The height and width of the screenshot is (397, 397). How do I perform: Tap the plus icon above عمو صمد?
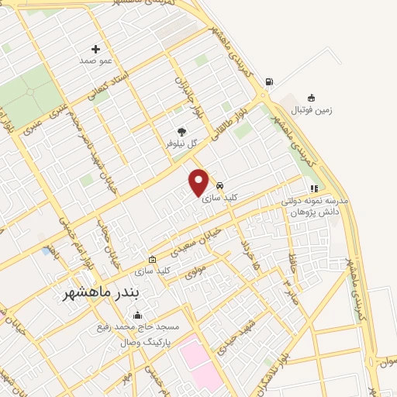click(x=96, y=48)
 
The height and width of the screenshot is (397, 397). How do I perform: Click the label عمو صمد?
click(x=96, y=60)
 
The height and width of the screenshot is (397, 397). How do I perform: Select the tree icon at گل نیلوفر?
click(x=182, y=132)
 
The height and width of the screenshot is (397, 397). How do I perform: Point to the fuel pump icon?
click(x=268, y=81)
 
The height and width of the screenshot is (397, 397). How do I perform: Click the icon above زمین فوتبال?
click(x=311, y=98)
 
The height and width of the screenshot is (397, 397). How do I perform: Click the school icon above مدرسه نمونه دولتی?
click(x=314, y=188)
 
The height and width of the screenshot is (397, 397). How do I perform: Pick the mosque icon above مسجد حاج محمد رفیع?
click(x=138, y=315)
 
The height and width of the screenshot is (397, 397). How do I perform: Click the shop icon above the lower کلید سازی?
click(x=152, y=259)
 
